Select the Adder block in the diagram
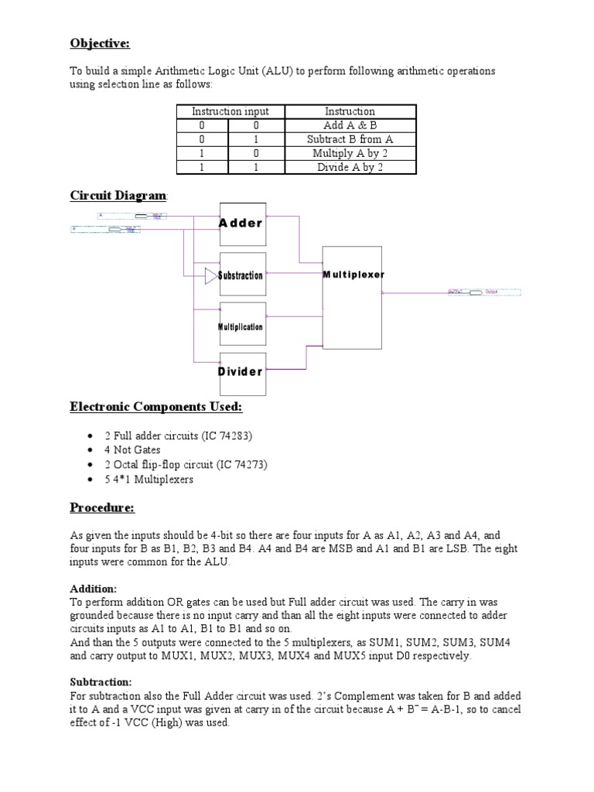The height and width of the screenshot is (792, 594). pos(243,224)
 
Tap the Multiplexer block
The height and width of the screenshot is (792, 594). pos(353,296)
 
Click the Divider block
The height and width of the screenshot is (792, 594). pos(243,371)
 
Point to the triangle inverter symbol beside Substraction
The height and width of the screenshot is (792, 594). pos(211,275)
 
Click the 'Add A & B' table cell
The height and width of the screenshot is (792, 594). pos(350,125)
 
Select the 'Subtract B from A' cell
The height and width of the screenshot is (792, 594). pos(350,139)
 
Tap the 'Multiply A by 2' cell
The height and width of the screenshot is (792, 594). pos(350,153)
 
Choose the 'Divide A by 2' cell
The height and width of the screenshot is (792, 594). pos(350,167)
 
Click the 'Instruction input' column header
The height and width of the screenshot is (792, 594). pos(230,111)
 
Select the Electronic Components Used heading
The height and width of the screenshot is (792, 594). pos(156,407)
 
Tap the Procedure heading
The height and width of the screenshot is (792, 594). pos(102,507)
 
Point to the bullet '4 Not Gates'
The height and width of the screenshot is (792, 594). pos(132,450)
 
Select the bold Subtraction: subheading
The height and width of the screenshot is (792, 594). pos(101,681)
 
